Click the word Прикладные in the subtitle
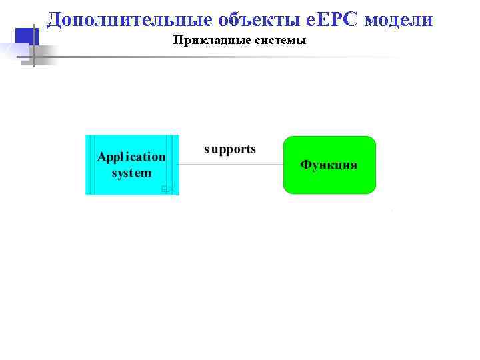point(203,41)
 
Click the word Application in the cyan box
point(131,157)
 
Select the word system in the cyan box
point(131,173)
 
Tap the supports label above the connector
point(230,149)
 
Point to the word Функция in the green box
point(329,165)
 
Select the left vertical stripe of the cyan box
point(91,165)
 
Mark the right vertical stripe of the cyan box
point(174,165)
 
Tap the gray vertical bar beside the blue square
point(33,44)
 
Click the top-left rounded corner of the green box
point(287,140)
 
